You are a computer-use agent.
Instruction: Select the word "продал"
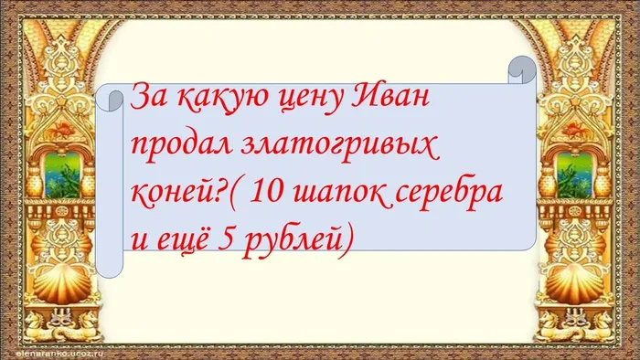point(176,146)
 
